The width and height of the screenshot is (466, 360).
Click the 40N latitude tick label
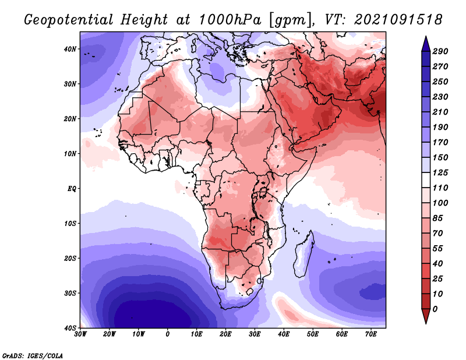click(70, 49)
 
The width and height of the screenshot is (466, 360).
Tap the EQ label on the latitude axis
click(72, 189)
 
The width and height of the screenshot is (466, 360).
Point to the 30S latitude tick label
click(70, 294)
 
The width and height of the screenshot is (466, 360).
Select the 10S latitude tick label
click(70, 224)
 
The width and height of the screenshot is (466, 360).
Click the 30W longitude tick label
click(80, 334)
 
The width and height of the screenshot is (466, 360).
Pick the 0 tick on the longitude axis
click(168, 334)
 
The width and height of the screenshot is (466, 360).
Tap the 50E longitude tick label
click(313, 334)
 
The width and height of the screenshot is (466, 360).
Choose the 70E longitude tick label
click(371, 334)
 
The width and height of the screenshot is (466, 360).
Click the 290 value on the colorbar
click(440, 51)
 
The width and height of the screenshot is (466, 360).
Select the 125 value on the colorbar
click(440, 172)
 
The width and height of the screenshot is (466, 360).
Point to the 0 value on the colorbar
click(435, 309)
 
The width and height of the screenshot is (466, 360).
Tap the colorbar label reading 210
click(440, 112)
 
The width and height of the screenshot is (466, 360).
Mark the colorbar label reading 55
click(438, 249)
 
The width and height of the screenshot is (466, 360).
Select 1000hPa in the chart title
click(230, 20)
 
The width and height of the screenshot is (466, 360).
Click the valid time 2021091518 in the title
click(398, 20)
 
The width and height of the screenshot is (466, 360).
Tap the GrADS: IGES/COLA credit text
click(33, 356)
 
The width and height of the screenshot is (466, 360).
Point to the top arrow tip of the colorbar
click(426, 37)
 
